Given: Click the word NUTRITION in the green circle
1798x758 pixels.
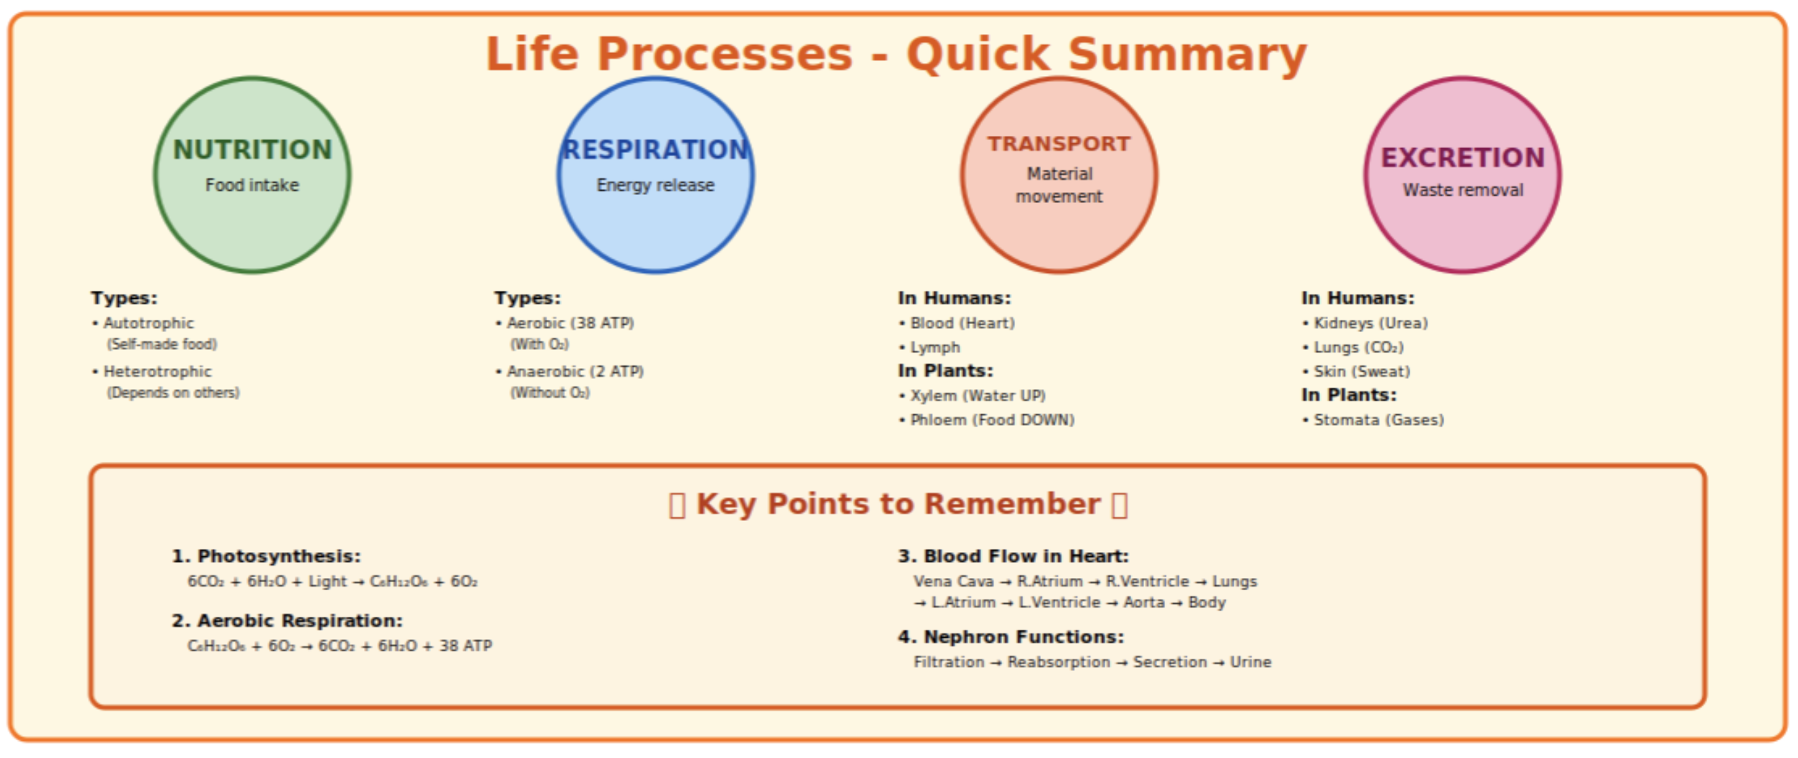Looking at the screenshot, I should [x=252, y=150].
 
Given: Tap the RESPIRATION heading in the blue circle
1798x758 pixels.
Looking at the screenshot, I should [x=655, y=150].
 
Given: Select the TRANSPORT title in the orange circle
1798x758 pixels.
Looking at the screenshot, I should [x=1058, y=144].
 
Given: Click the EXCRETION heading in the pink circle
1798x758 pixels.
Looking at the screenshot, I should [x=1463, y=158].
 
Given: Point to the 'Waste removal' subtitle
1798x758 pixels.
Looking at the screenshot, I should [x=1463, y=190].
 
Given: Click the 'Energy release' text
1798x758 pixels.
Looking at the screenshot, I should [x=655, y=185].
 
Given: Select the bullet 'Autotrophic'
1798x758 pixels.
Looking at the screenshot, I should [x=148, y=323].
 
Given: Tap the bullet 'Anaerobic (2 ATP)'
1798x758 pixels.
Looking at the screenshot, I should [x=575, y=372].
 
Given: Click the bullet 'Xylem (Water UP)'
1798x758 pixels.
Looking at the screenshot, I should [x=977, y=396].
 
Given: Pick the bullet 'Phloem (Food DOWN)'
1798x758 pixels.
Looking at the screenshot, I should [x=992, y=420].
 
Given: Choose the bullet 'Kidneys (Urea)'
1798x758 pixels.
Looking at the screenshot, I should [x=1370, y=323].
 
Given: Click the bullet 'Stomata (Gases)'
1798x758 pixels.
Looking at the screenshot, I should [x=1378, y=420].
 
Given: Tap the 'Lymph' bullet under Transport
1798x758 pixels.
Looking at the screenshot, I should [x=934, y=348].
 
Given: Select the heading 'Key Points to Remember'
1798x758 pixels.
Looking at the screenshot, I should [x=898, y=504].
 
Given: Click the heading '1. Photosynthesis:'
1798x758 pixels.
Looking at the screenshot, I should [x=266, y=556].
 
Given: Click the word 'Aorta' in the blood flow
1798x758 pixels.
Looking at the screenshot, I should [x=1143, y=602].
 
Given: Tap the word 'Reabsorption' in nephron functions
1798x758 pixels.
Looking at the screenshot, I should [x=1058, y=662].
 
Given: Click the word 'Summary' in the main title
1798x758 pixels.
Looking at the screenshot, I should [x=1187, y=54].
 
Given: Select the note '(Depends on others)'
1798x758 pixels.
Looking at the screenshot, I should [x=173, y=393].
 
